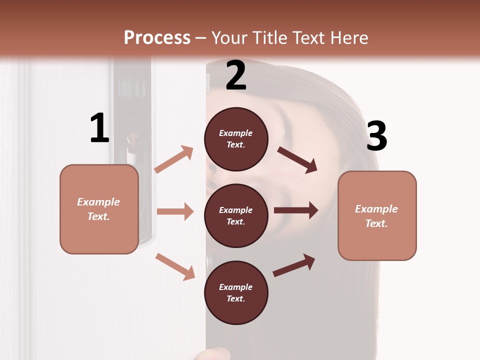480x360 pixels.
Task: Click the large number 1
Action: point(99,128)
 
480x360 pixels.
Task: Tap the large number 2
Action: point(236,75)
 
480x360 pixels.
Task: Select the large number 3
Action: point(376,136)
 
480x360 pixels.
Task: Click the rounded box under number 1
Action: point(99,209)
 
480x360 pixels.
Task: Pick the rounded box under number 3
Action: point(377,215)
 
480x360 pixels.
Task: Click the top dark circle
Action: point(236,139)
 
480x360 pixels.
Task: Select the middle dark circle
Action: point(236,215)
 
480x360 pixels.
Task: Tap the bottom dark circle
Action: point(236,292)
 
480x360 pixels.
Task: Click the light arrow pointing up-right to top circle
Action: point(174,159)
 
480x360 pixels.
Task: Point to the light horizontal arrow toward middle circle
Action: point(175,211)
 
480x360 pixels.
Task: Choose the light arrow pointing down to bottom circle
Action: point(175,266)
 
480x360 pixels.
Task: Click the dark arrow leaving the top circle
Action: point(297,159)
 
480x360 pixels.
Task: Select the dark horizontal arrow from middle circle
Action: point(296,210)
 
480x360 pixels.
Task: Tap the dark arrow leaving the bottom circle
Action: point(294,265)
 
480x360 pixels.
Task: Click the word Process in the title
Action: point(157,37)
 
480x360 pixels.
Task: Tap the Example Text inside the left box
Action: point(98,209)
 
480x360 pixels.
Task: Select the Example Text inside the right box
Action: point(376,216)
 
